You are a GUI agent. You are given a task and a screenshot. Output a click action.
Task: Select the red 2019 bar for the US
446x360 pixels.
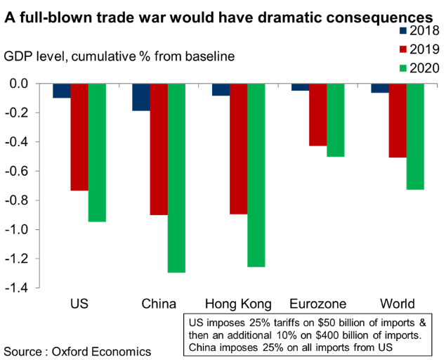tap(79, 136)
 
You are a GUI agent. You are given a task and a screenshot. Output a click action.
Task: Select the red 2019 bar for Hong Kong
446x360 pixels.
tap(238, 148)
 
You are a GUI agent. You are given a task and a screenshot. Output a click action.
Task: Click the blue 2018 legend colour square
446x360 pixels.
tap(402, 30)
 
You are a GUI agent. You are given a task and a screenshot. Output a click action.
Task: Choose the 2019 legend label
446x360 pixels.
tap(425, 49)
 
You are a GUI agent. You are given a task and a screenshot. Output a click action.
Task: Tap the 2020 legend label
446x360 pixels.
tap(425, 68)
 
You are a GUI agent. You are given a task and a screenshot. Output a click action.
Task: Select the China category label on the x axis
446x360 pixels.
tap(158, 304)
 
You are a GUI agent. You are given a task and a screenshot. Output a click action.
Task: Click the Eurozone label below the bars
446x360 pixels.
tap(317, 304)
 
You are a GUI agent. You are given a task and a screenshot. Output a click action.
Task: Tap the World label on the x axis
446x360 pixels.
tap(397, 304)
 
